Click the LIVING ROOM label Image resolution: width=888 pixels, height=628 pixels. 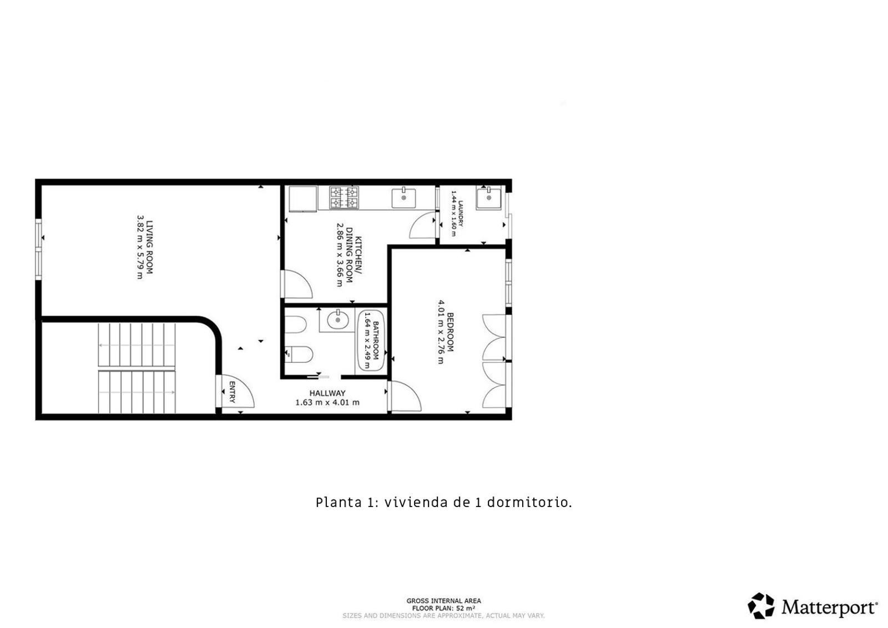150,247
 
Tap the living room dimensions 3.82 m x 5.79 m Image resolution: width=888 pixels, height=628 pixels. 140,247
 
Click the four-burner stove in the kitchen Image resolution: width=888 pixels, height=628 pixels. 344,197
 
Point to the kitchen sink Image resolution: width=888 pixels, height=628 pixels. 403,198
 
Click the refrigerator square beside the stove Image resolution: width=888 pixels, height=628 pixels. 303,199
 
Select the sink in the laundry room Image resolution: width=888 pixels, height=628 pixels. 488,198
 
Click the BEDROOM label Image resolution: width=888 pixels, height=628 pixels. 450,332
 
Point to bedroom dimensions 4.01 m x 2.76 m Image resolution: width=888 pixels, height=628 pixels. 441,332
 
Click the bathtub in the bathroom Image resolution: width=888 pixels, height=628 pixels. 371,341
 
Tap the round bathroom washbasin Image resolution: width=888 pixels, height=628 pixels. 338,320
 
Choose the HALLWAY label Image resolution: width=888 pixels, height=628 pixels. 327,393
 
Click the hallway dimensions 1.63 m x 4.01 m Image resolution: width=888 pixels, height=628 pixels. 327,403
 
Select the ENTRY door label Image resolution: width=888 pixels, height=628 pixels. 233,392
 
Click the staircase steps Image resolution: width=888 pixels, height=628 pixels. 137,368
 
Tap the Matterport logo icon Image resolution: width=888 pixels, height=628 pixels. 761,606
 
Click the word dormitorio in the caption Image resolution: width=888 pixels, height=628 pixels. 529,503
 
